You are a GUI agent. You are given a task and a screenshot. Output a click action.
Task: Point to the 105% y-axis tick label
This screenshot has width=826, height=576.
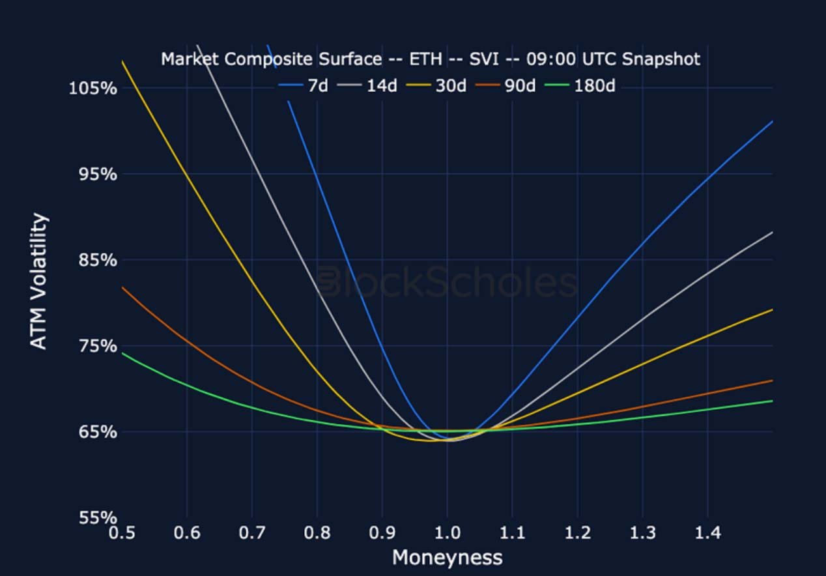coord(93,87)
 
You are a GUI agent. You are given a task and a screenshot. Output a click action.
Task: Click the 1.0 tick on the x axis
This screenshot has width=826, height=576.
coord(447,534)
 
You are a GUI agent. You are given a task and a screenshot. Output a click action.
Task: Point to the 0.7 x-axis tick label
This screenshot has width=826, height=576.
coord(252,534)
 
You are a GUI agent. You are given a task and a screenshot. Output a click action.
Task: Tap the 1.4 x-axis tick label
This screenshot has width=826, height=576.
coord(707,534)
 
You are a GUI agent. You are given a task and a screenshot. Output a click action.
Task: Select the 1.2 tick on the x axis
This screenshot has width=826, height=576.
coord(577,534)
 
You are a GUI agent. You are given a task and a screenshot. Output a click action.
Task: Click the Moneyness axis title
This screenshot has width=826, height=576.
coord(447,558)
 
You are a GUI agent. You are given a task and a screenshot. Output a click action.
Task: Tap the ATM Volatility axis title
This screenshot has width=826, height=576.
coord(40,281)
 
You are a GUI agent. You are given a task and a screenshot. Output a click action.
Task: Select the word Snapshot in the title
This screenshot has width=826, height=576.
coord(661,59)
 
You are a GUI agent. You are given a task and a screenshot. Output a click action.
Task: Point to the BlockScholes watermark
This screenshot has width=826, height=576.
coord(447,283)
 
